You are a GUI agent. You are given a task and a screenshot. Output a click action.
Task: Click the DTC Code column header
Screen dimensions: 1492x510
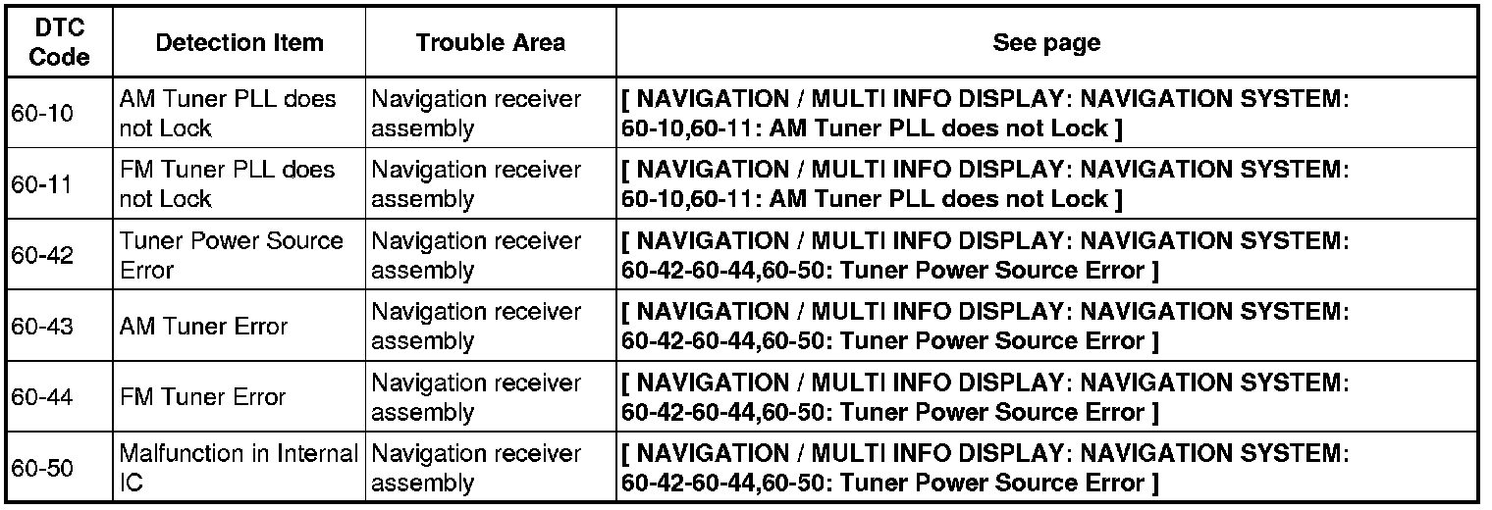coord(60,42)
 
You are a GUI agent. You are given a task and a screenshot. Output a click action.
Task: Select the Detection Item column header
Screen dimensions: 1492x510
coord(239,42)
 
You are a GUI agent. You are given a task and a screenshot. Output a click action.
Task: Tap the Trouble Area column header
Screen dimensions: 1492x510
coord(490,42)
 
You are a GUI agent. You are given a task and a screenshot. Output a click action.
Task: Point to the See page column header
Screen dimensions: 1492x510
coord(1045,42)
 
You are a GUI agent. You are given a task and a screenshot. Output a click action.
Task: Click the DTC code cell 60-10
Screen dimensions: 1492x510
coord(41,114)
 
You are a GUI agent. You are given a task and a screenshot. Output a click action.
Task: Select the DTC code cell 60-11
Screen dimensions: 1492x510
coord(41,184)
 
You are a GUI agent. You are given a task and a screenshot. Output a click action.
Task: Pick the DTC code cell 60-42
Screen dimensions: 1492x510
coord(41,255)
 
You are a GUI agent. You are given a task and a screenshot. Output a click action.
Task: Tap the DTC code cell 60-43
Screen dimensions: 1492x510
coord(41,326)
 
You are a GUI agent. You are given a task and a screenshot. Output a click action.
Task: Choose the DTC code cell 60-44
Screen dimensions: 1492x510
coord(41,396)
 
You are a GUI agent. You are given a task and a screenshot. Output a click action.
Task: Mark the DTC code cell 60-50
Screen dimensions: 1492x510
coord(41,468)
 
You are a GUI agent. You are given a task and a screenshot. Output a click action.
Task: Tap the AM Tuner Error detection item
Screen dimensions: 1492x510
coord(203,326)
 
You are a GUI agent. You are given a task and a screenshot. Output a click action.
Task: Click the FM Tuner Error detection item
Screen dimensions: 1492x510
coord(202,396)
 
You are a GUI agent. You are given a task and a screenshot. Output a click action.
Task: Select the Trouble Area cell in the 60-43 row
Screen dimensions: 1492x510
coord(476,326)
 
